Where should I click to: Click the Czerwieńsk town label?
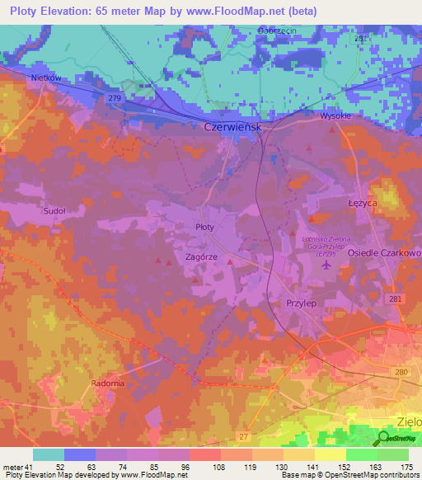click(233, 128)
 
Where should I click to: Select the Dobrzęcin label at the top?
click(277, 31)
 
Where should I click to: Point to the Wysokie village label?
click(336, 116)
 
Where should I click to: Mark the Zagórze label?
click(201, 256)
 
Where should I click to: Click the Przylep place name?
click(302, 303)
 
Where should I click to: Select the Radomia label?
click(106, 384)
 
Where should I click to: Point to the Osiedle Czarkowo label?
click(384, 252)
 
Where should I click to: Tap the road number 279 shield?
click(114, 99)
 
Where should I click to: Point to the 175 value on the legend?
click(406, 467)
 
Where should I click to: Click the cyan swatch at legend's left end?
click(49, 454)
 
